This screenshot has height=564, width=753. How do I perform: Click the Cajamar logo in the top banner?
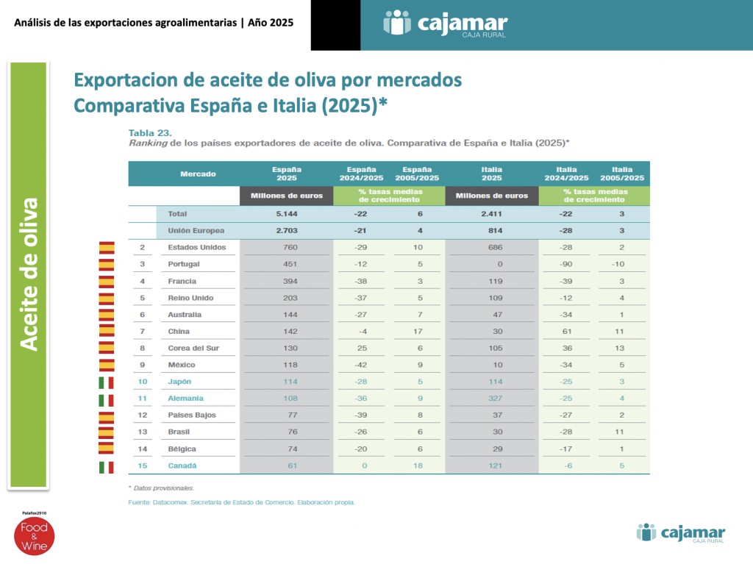(x=445, y=24)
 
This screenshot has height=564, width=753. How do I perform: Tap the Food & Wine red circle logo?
(x=33, y=536)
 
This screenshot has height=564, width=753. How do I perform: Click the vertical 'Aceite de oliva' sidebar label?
(x=29, y=274)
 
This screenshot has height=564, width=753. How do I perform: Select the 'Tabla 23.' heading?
(x=149, y=132)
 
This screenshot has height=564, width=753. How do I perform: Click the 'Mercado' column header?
(x=198, y=174)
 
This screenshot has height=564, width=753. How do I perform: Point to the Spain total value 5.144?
(x=286, y=213)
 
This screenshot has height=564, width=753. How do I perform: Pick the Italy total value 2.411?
(x=491, y=213)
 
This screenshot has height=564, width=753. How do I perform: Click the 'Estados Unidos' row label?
(x=197, y=247)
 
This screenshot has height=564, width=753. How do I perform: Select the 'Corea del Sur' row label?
(x=193, y=348)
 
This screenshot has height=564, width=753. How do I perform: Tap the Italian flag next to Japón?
(x=107, y=382)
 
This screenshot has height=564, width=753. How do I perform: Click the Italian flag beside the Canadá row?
(x=107, y=467)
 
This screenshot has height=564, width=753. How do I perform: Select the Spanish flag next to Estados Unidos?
(x=107, y=248)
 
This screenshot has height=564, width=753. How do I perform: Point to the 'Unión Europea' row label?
(x=197, y=230)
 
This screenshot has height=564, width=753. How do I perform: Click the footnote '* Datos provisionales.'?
(x=161, y=488)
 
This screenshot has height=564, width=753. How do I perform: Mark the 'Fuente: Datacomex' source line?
(x=241, y=502)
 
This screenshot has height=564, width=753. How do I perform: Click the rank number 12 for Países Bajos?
(x=143, y=415)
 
